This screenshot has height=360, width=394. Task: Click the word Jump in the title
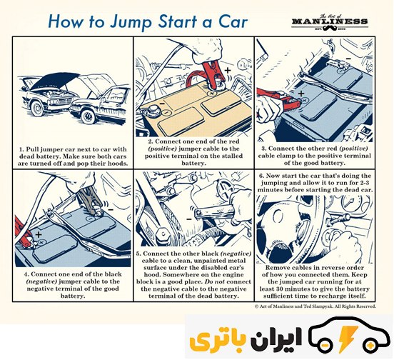[x=131, y=22]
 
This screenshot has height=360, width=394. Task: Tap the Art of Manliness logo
[x=330, y=22]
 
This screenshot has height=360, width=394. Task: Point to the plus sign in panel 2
[x=228, y=70]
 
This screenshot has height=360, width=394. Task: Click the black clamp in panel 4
[x=90, y=199]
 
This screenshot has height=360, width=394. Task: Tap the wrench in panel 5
[x=214, y=211]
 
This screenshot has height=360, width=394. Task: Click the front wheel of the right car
[x=88, y=116]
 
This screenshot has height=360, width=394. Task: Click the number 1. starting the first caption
[x=21, y=149]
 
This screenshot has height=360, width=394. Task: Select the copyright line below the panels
[x=315, y=306]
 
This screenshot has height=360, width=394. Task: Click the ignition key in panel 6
[x=339, y=219]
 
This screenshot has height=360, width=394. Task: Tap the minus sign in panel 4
[x=111, y=209]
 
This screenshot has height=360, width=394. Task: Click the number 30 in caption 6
[x=281, y=289]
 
